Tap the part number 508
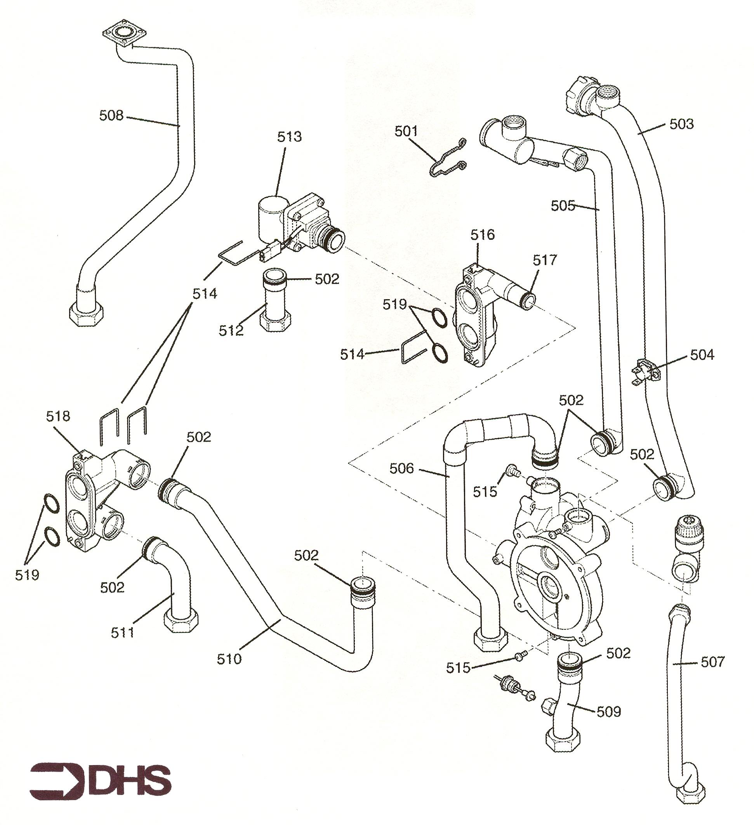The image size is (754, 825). (111, 116)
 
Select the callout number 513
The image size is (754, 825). (289, 137)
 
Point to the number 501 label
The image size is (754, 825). (406, 132)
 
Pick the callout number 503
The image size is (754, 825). (681, 124)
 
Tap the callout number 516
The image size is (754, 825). (482, 235)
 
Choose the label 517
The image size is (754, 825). (545, 260)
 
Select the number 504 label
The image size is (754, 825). (702, 355)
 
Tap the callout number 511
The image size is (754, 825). (123, 633)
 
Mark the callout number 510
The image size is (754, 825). (229, 659)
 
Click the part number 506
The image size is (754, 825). (401, 468)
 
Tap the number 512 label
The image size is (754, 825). (231, 331)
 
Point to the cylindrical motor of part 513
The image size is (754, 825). (272, 217)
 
